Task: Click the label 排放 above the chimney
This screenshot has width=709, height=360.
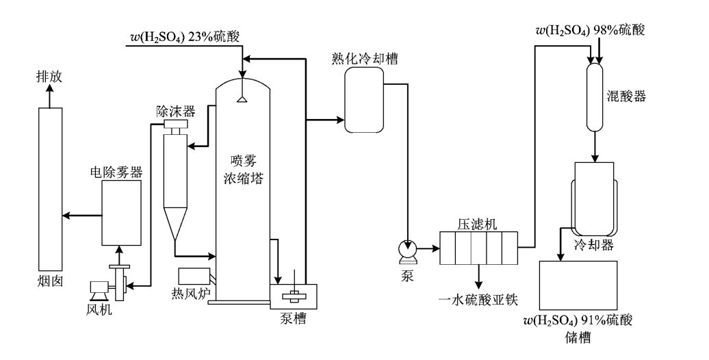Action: click(x=49, y=77)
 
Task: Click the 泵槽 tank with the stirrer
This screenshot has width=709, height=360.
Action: click(x=294, y=296)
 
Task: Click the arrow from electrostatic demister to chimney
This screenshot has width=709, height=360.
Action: click(x=81, y=216)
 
